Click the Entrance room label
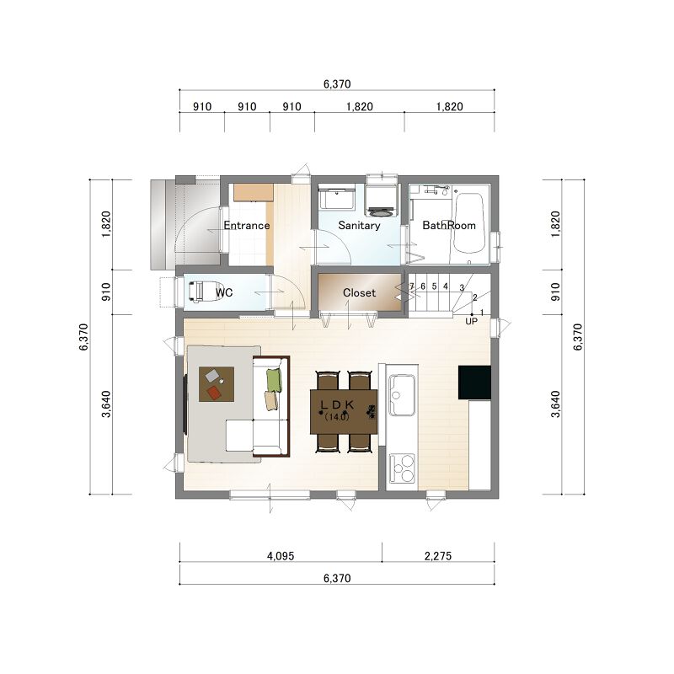coord(247,225)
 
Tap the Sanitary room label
coord(360,225)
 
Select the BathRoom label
coord(449,225)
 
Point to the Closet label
coord(360,292)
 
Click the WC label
coord(224,292)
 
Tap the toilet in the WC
coord(201,292)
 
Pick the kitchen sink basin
coord(402,395)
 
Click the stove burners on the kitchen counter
coord(402,468)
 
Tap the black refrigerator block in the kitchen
coord(474,382)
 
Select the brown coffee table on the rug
coord(217,384)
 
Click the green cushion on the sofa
coord(274,381)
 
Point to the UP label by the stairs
coord(471,321)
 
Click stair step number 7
coord(411,286)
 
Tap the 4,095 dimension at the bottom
coord(281,556)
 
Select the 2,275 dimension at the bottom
coord(438,556)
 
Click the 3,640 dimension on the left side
coord(106,404)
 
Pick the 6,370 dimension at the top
coord(337,83)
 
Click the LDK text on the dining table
coord(338,404)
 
